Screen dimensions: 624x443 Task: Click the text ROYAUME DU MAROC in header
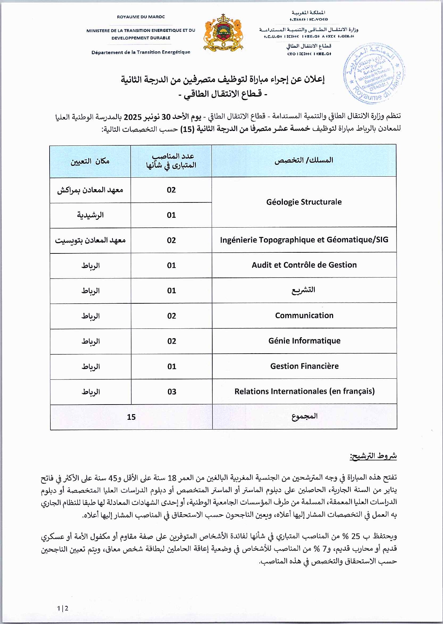141,17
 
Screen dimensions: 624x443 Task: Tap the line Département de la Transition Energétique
141,52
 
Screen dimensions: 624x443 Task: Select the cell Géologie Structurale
304,202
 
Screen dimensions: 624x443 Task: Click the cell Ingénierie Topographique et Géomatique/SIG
304,240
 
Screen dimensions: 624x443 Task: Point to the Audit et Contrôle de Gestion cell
304,265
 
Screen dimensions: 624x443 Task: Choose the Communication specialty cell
304,315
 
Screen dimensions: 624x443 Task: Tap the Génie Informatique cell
304,340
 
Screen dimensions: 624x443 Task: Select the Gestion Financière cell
304,366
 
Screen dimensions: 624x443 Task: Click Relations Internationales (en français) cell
304,391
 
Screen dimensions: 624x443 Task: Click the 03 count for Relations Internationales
172,391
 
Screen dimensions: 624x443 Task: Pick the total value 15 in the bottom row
131,417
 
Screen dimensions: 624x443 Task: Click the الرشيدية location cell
90,215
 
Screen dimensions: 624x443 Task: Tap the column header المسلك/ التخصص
304,160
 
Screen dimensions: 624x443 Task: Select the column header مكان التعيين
90,161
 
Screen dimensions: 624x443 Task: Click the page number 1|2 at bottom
63,608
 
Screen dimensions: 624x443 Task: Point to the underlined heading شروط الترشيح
373,456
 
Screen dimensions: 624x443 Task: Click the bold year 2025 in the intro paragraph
133,117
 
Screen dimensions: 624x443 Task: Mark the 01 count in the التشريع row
172,291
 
